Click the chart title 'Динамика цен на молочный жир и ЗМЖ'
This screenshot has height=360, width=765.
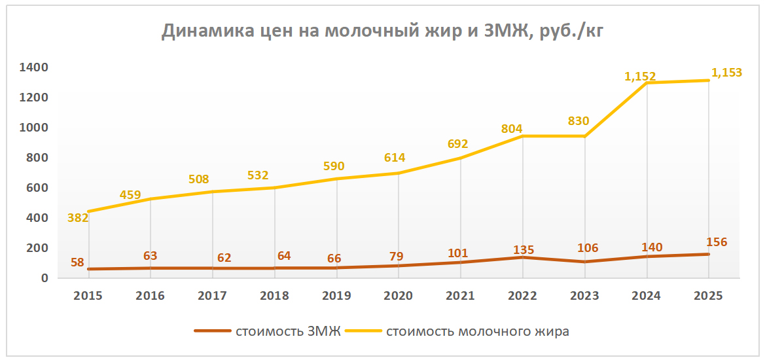(382, 31)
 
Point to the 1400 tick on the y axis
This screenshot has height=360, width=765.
(34, 67)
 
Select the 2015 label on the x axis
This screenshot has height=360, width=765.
(88, 295)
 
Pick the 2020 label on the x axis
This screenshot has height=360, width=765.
(399, 295)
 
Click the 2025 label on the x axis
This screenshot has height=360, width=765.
(709, 295)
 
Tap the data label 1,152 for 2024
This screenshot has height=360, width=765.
(640, 77)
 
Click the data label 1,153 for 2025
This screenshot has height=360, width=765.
(726, 73)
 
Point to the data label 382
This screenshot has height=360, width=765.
(78, 218)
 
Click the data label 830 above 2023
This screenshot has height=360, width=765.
(578, 121)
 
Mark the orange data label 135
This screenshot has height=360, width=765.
(524, 249)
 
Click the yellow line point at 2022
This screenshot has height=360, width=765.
(522, 136)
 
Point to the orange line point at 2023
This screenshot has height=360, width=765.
(584, 262)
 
